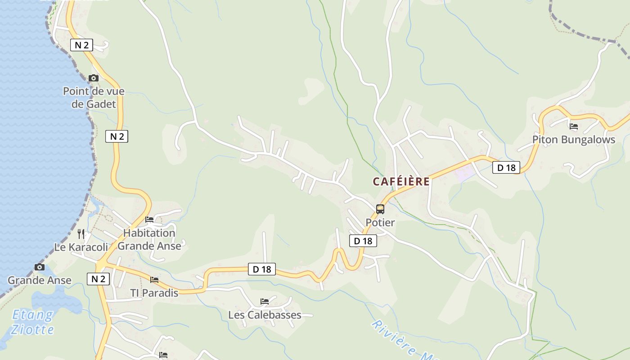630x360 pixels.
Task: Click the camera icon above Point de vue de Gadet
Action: (94, 78)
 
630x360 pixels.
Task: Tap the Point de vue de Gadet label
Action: (94, 98)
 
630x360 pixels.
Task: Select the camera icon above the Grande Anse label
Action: (40, 267)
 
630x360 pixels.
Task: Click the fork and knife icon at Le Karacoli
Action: (81, 234)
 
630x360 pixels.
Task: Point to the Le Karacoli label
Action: (81, 247)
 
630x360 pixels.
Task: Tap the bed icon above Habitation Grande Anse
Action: (149, 220)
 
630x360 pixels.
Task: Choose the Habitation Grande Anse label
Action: (149, 239)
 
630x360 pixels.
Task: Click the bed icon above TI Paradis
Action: (154, 280)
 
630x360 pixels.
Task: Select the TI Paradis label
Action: (154, 293)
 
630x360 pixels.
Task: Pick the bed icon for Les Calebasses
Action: (265, 301)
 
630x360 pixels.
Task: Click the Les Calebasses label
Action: (265, 315)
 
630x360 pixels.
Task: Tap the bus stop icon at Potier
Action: (380, 209)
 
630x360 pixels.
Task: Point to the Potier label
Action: (380, 222)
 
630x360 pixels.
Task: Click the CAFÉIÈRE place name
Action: (401, 181)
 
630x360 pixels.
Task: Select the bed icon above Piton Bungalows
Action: (574, 126)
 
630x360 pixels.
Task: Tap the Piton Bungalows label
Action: (574, 139)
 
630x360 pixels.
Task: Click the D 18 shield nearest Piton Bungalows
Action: (506, 168)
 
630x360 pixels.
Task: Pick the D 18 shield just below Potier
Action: (363, 241)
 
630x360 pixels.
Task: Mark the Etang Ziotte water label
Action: (32, 322)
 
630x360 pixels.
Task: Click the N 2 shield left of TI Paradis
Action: (98, 279)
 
